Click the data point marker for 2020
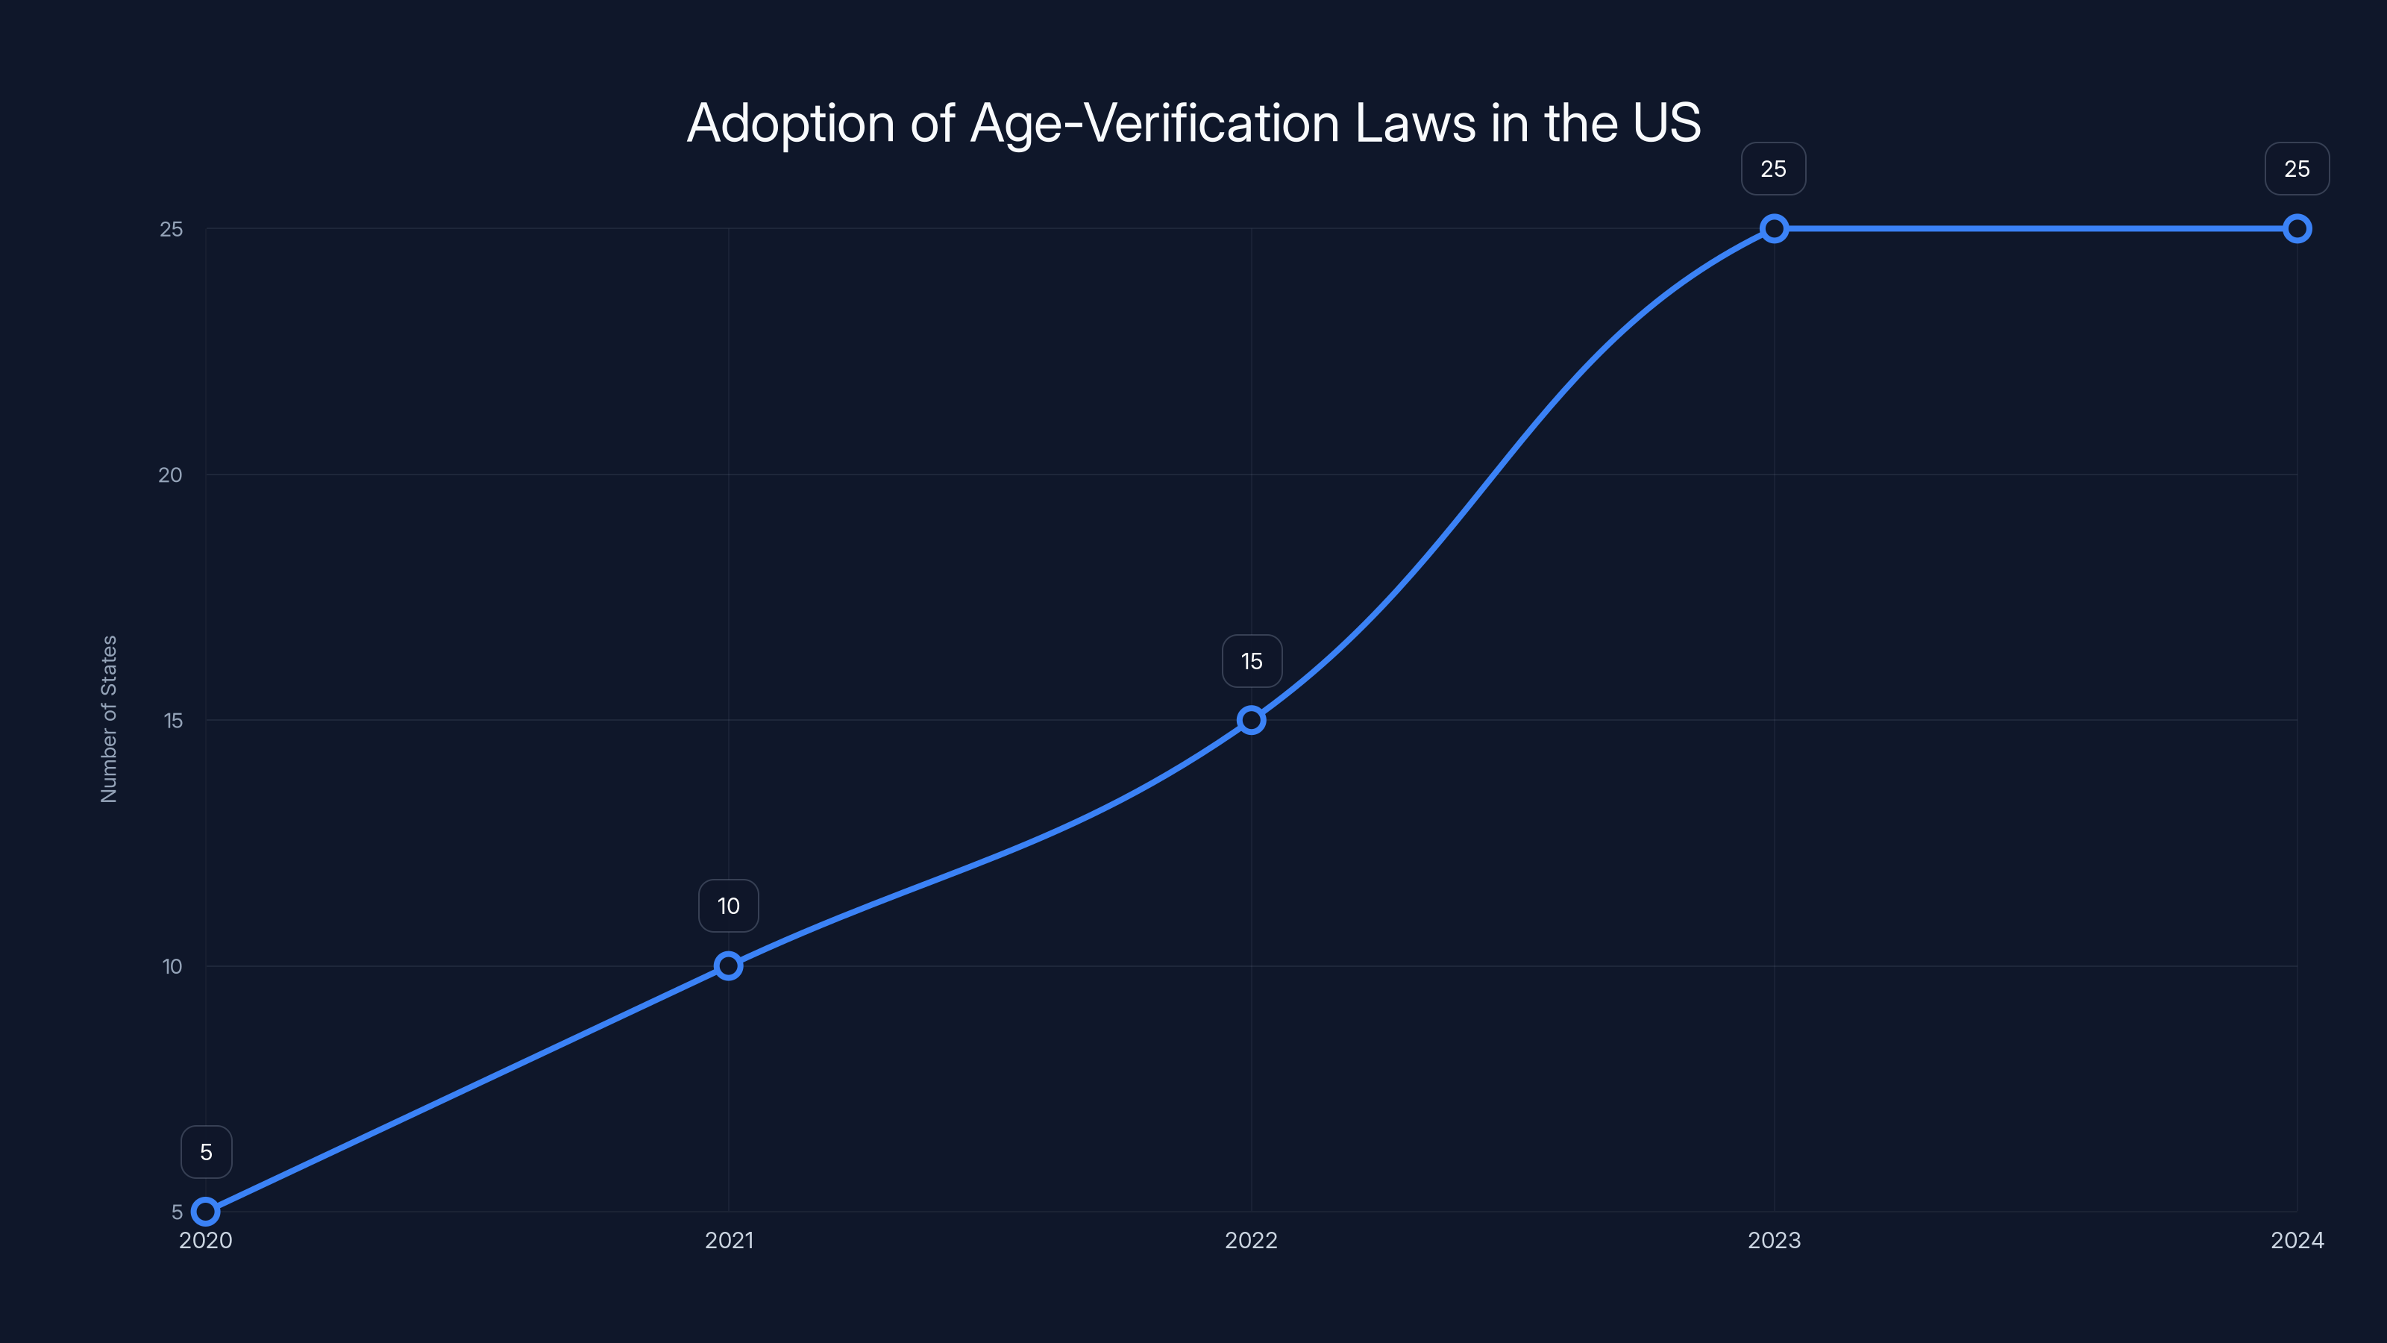(x=206, y=1212)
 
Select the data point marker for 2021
(x=728, y=965)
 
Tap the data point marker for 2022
(x=1251, y=720)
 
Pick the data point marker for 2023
(x=1774, y=229)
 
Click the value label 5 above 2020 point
(x=206, y=1152)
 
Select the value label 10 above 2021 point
(x=728, y=906)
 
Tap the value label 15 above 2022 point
(x=1252, y=661)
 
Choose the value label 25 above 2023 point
(x=1774, y=169)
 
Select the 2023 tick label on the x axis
(x=1774, y=1240)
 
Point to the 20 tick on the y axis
(x=171, y=475)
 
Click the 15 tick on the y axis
(x=173, y=720)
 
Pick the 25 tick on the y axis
(x=172, y=229)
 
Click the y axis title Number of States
(x=108, y=719)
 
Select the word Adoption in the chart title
(x=791, y=124)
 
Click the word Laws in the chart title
(x=1415, y=123)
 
